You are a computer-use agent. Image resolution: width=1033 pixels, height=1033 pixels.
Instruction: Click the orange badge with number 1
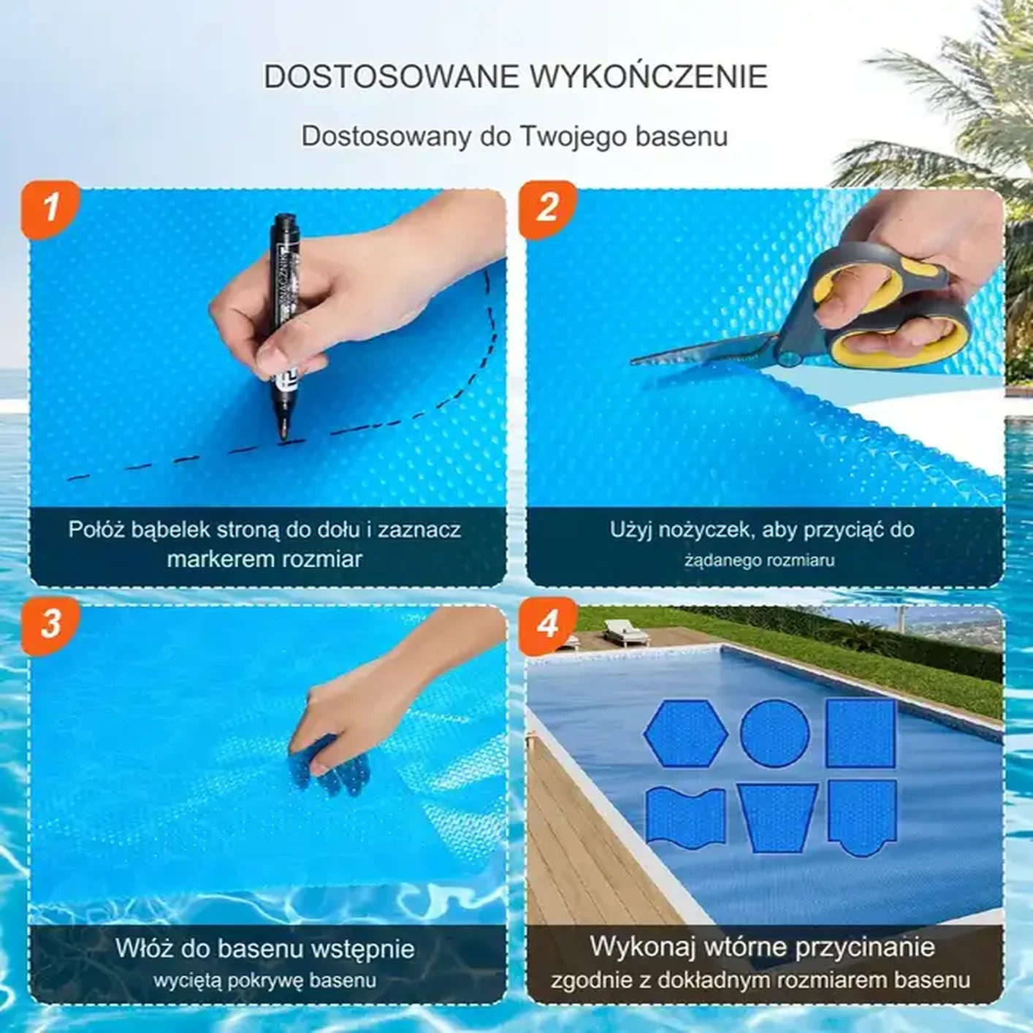point(50,209)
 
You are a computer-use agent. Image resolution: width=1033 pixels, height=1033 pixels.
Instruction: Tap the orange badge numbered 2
point(546,209)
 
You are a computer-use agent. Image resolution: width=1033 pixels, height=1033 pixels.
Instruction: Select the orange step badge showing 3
point(50,625)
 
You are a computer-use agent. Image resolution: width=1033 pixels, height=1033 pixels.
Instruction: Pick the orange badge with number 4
point(546,625)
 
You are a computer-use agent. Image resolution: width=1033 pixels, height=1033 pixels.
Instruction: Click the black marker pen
point(285,327)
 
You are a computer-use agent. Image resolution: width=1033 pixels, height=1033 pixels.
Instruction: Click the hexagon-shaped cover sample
point(686,733)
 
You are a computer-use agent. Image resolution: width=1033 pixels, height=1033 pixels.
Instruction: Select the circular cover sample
point(774,732)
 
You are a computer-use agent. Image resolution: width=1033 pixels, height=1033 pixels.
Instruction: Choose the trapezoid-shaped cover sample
point(777,817)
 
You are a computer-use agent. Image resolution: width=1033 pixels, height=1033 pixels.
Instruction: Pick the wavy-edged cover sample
point(686,818)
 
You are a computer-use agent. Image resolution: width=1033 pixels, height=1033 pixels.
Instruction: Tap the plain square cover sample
point(861,732)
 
